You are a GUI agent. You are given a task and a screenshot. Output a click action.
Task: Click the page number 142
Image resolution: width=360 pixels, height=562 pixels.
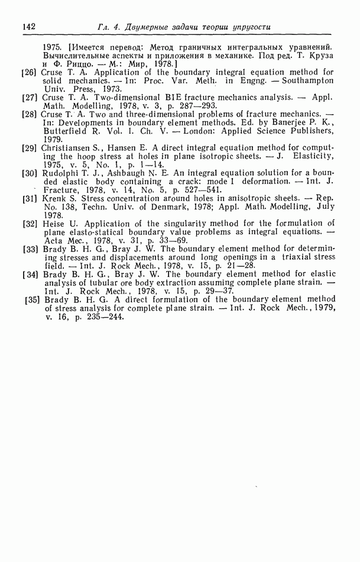tap(29, 26)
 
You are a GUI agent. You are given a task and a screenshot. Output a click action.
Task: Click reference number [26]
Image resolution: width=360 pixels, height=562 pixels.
tap(30, 72)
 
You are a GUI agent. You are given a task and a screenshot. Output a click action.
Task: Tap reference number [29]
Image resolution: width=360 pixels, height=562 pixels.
tap(30, 146)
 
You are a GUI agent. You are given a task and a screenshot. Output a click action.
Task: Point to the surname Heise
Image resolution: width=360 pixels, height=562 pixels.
tap(54, 224)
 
